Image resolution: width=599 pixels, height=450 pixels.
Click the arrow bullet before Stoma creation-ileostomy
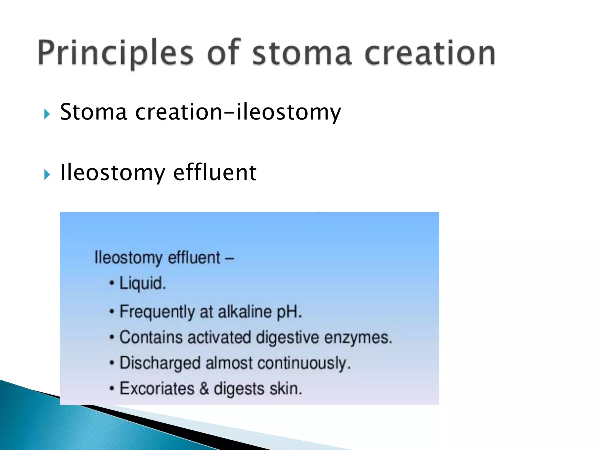click(47, 114)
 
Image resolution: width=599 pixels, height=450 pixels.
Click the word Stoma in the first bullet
click(93, 112)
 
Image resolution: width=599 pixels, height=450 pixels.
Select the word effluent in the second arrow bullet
click(215, 173)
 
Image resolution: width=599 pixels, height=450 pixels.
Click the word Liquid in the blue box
click(142, 283)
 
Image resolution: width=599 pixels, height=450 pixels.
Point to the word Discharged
click(160, 364)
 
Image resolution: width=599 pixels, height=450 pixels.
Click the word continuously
click(304, 364)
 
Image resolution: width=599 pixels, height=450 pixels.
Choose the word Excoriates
click(157, 389)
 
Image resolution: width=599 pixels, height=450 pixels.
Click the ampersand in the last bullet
click(204, 389)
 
